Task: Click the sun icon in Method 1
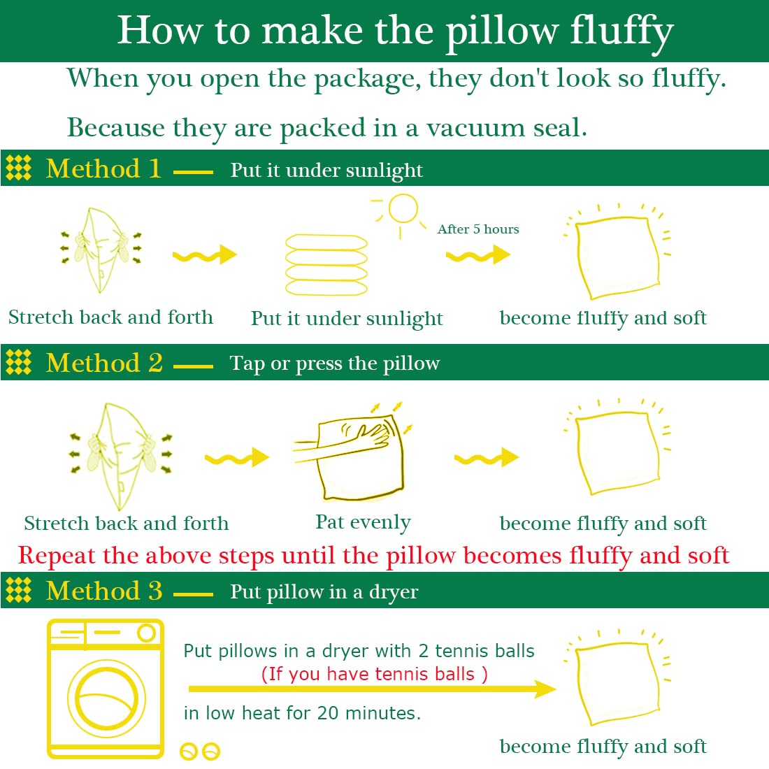pyautogui.click(x=403, y=208)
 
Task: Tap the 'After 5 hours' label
pyautogui.click(x=478, y=229)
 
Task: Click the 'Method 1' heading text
pyautogui.click(x=103, y=169)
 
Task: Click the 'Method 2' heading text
pyautogui.click(x=104, y=363)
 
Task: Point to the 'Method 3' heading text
pyautogui.click(x=104, y=591)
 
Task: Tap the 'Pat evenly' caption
pyautogui.click(x=363, y=522)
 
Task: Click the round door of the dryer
pyautogui.click(x=107, y=698)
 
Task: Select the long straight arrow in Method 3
pyautogui.click(x=371, y=689)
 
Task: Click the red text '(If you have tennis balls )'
pyautogui.click(x=374, y=674)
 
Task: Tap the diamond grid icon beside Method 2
pyautogui.click(x=19, y=362)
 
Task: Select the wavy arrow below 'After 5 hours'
pyautogui.click(x=478, y=255)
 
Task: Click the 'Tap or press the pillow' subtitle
pyautogui.click(x=335, y=364)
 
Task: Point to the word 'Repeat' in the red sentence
pyautogui.click(x=57, y=556)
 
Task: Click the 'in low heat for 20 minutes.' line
pyautogui.click(x=302, y=713)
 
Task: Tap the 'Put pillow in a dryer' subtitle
pyautogui.click(x=324, y=592)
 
